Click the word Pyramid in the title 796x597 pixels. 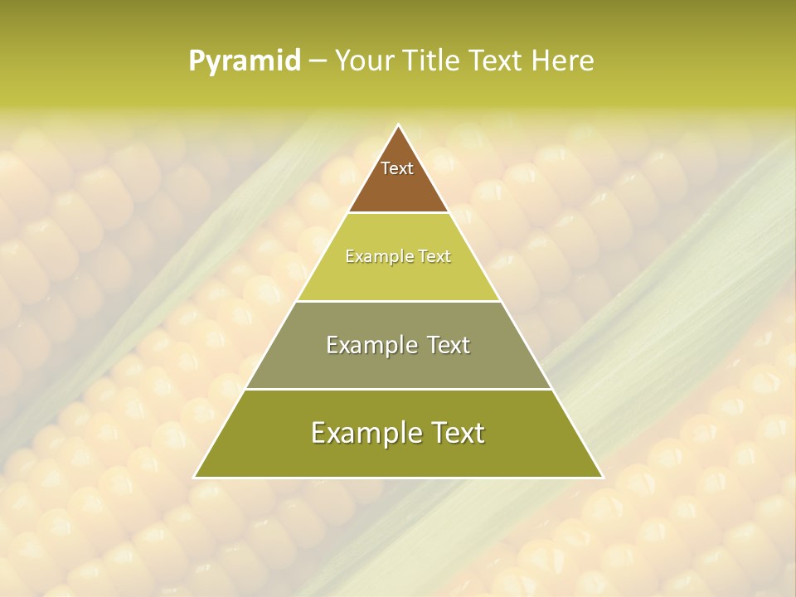245,61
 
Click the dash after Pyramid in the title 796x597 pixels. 318,61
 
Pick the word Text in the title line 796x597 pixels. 497,61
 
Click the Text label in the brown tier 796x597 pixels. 397,168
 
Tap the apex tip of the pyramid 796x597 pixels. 399,126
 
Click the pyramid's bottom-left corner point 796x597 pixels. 196,477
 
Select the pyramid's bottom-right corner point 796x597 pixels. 602,477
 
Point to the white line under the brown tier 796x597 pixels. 399,212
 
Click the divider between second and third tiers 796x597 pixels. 399,301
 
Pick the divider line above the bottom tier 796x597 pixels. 399,389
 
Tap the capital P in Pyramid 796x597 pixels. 197,61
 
